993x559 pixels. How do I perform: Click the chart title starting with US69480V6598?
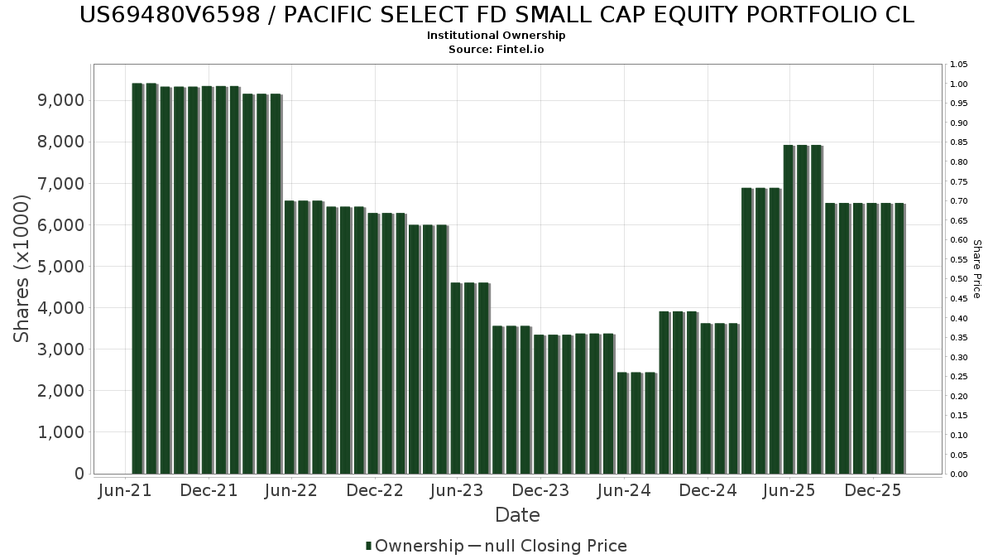496,15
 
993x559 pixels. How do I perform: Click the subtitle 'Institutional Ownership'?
496,36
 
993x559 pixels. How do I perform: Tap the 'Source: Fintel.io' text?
496,49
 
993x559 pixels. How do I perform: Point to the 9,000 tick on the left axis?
61,100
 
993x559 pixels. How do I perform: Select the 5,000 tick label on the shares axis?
61,266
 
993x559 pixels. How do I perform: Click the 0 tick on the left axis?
79,474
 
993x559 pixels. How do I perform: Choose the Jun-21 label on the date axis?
125,490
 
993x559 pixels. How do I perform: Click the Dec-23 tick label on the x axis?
540,490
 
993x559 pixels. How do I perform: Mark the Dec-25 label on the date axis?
873,490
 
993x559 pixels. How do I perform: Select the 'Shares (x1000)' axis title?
21,268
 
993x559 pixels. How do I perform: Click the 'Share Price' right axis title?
976,269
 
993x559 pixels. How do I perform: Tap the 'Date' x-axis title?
517,515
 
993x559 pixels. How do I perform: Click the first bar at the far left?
137,278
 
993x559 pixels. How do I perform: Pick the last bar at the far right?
900,339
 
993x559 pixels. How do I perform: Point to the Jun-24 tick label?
624,490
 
